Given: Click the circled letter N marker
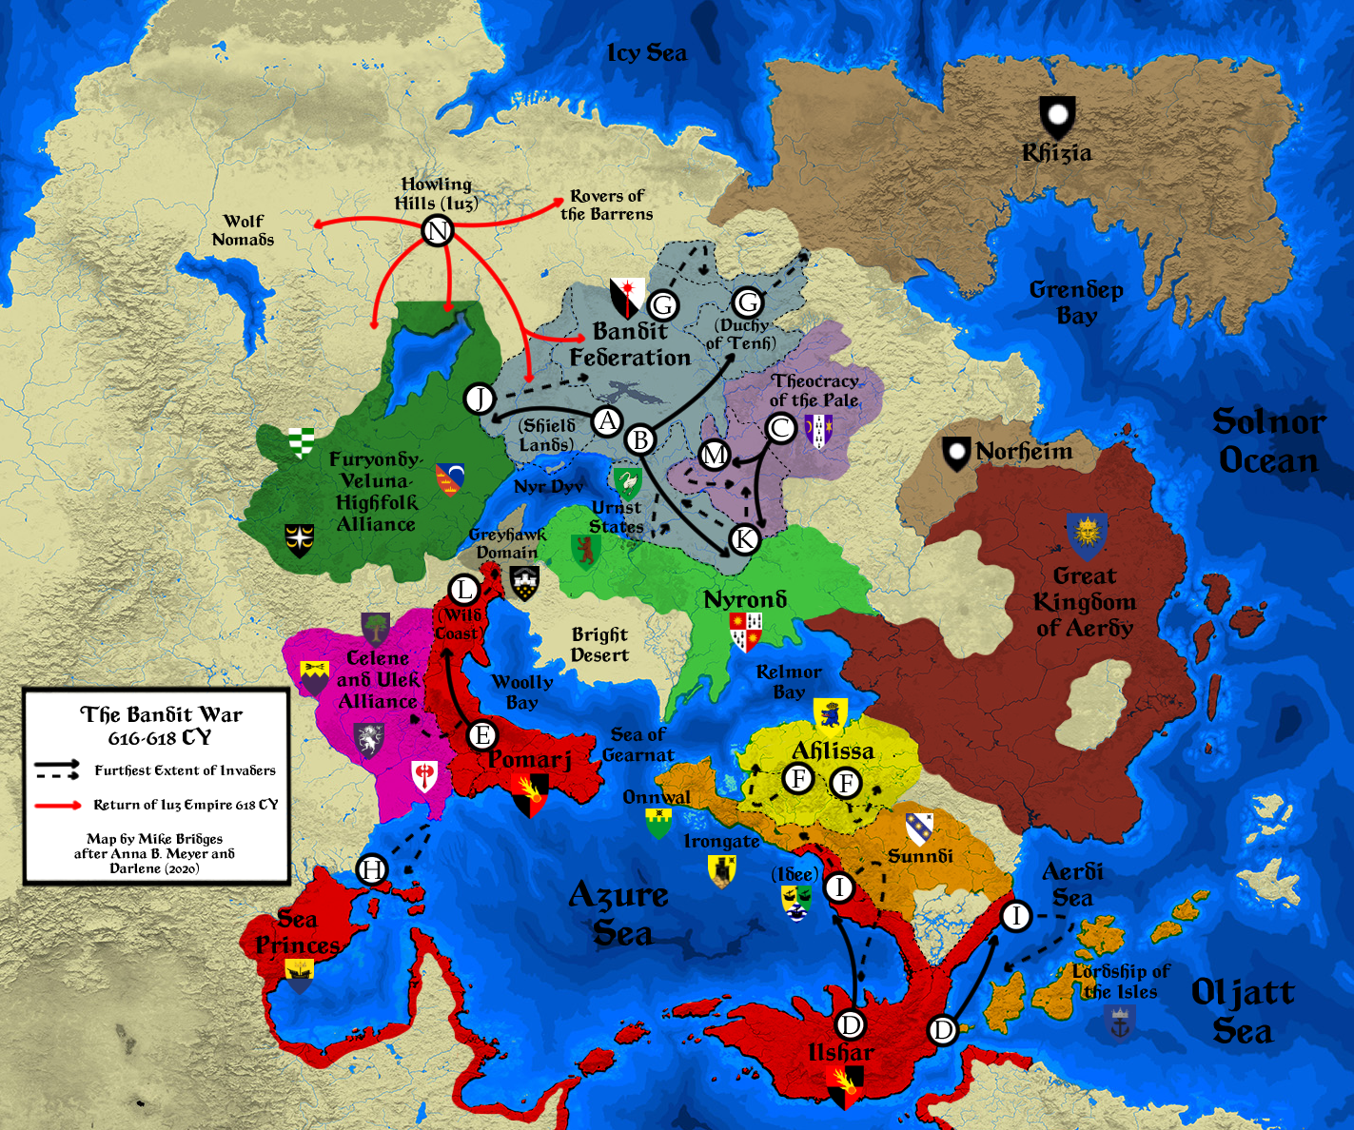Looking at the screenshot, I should pyautogui.click(x=437, y=230).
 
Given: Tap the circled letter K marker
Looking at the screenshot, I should pyautogui.click(x=744, y=538).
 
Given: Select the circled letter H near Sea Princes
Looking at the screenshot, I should pyautogui.click(x=372, y=869).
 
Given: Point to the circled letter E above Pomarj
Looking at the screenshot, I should pyautogui.click(x=482, y=735).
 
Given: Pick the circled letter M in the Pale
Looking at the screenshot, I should pyautogui.click(x=714, y=455).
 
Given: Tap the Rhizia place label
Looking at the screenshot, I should pyautogui.click(x=1056, y=153).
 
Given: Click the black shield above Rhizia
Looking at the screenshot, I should pyautogui.click(x=1056, y=116).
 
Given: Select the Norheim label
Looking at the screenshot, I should pyautogui.click(x=1023, y=451).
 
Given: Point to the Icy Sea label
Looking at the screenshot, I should pyautogui.click(x=647, y=53).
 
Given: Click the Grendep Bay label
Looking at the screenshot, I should pyautogui.click(x=1076, y=302).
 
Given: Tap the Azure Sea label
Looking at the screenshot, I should pyautogui.click(x=618, y=913).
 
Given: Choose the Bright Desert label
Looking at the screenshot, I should pyautogui.click(x=599, y=644).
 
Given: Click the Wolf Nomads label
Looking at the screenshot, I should pyautogui.click(x=243, y=230).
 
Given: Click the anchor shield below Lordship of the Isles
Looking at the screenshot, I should pyautogui.click(x=1119, y=1024).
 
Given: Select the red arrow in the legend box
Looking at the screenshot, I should pyautogui.click(x=58, y=806).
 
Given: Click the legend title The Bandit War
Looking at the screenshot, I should pyautogui.click(x=161, y=714).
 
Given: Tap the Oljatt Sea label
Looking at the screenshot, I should pyautogui.click(x=1242, y=1011).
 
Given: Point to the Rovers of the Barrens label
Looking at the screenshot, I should pyautogui.click(x=607, y=205).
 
